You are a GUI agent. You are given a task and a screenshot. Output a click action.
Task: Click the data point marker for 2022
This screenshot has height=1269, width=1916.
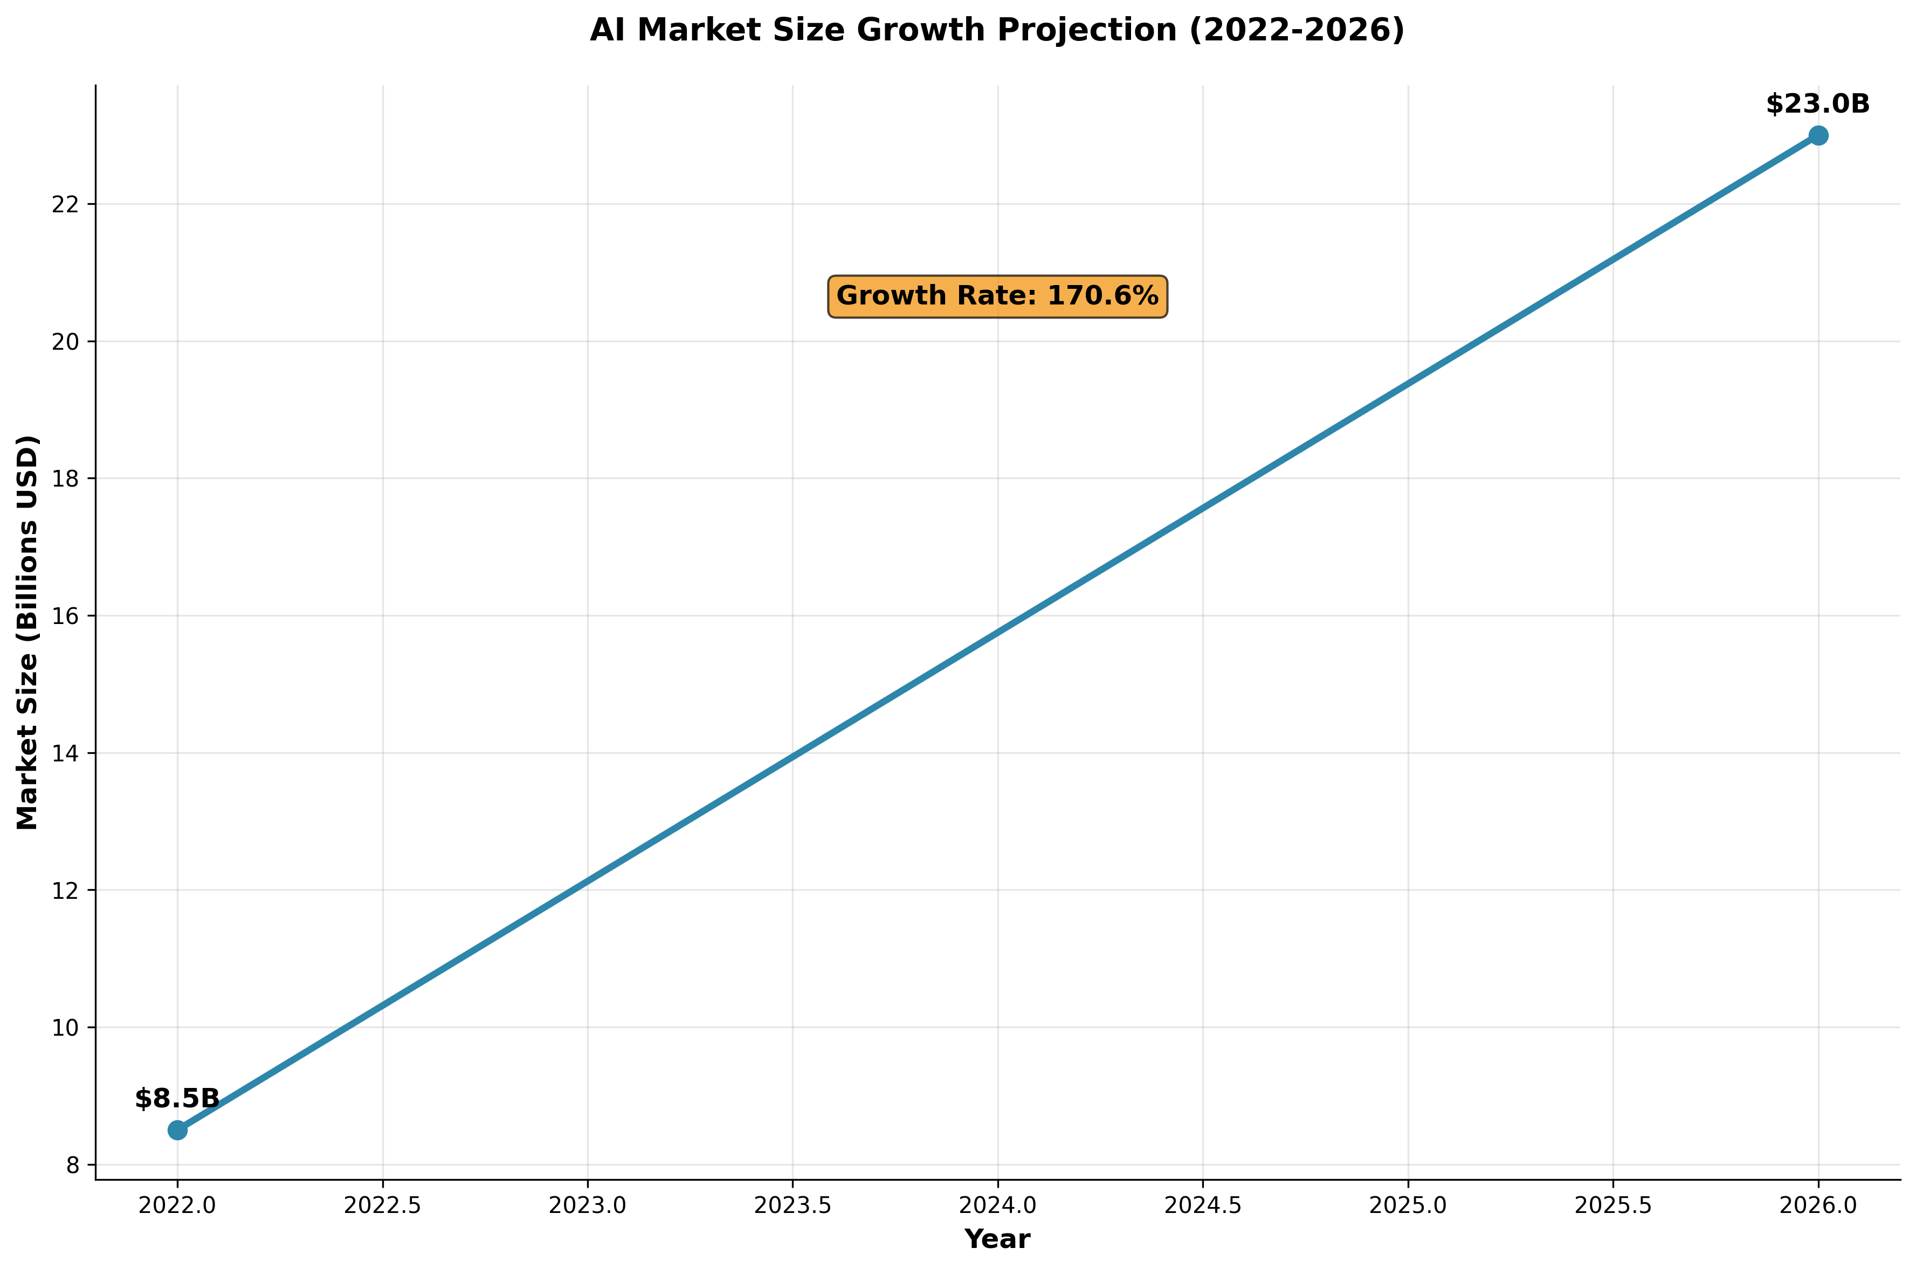[177, 1130]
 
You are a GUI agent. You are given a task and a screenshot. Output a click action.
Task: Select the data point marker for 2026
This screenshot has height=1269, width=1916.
[1818, 135]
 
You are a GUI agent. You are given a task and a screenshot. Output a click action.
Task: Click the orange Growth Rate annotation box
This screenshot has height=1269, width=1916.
[997, 296]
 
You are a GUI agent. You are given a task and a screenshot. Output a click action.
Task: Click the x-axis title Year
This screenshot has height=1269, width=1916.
[997, 1239]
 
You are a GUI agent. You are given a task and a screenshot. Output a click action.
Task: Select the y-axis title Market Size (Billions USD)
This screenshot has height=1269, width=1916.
[27, 632]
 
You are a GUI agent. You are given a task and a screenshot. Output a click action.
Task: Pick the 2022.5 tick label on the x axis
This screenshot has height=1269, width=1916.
[382, 1206]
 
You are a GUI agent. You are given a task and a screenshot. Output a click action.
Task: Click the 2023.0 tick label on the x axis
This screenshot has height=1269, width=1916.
[588, 1206]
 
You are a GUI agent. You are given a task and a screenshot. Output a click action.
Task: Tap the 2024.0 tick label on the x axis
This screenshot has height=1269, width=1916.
[997, 1206]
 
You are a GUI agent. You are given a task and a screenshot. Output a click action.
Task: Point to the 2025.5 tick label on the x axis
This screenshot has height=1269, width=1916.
[1612, 1206]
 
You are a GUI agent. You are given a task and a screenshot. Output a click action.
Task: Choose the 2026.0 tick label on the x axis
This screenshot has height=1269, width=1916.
[1818, 1206]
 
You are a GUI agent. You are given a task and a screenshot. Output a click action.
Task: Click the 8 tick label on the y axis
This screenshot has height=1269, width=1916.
[73, 1166]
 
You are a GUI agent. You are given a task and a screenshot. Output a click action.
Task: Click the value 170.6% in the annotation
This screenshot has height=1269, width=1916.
[1102, 296]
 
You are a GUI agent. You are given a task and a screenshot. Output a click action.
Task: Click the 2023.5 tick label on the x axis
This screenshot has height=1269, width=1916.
[792, 1206]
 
